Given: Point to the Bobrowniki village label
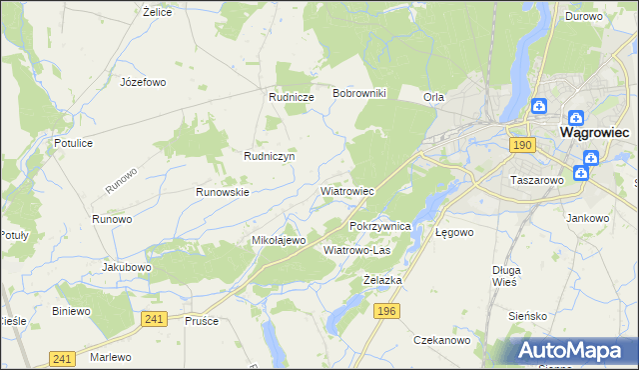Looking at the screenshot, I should [x=365, y=93].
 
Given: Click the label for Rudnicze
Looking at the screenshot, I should [x=292, y=97].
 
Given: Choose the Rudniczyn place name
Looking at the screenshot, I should [x=269, y=156].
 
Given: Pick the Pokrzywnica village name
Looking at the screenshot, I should [x=380, y=226].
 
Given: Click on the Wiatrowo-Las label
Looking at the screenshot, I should [x=356, y=250].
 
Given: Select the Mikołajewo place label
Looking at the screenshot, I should [x=278, y=241].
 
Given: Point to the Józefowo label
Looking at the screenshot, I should [x=142, y=82].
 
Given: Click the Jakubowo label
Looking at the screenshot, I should [x=126, y=268].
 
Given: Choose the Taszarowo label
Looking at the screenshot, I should [x=537, y=181].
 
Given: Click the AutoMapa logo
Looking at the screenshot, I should [x=571, y=349].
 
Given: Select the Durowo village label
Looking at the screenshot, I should [x=583, y=16].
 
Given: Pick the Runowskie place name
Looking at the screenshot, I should [x=222, y=191].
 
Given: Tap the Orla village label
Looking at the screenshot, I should [x=433, y=97].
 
